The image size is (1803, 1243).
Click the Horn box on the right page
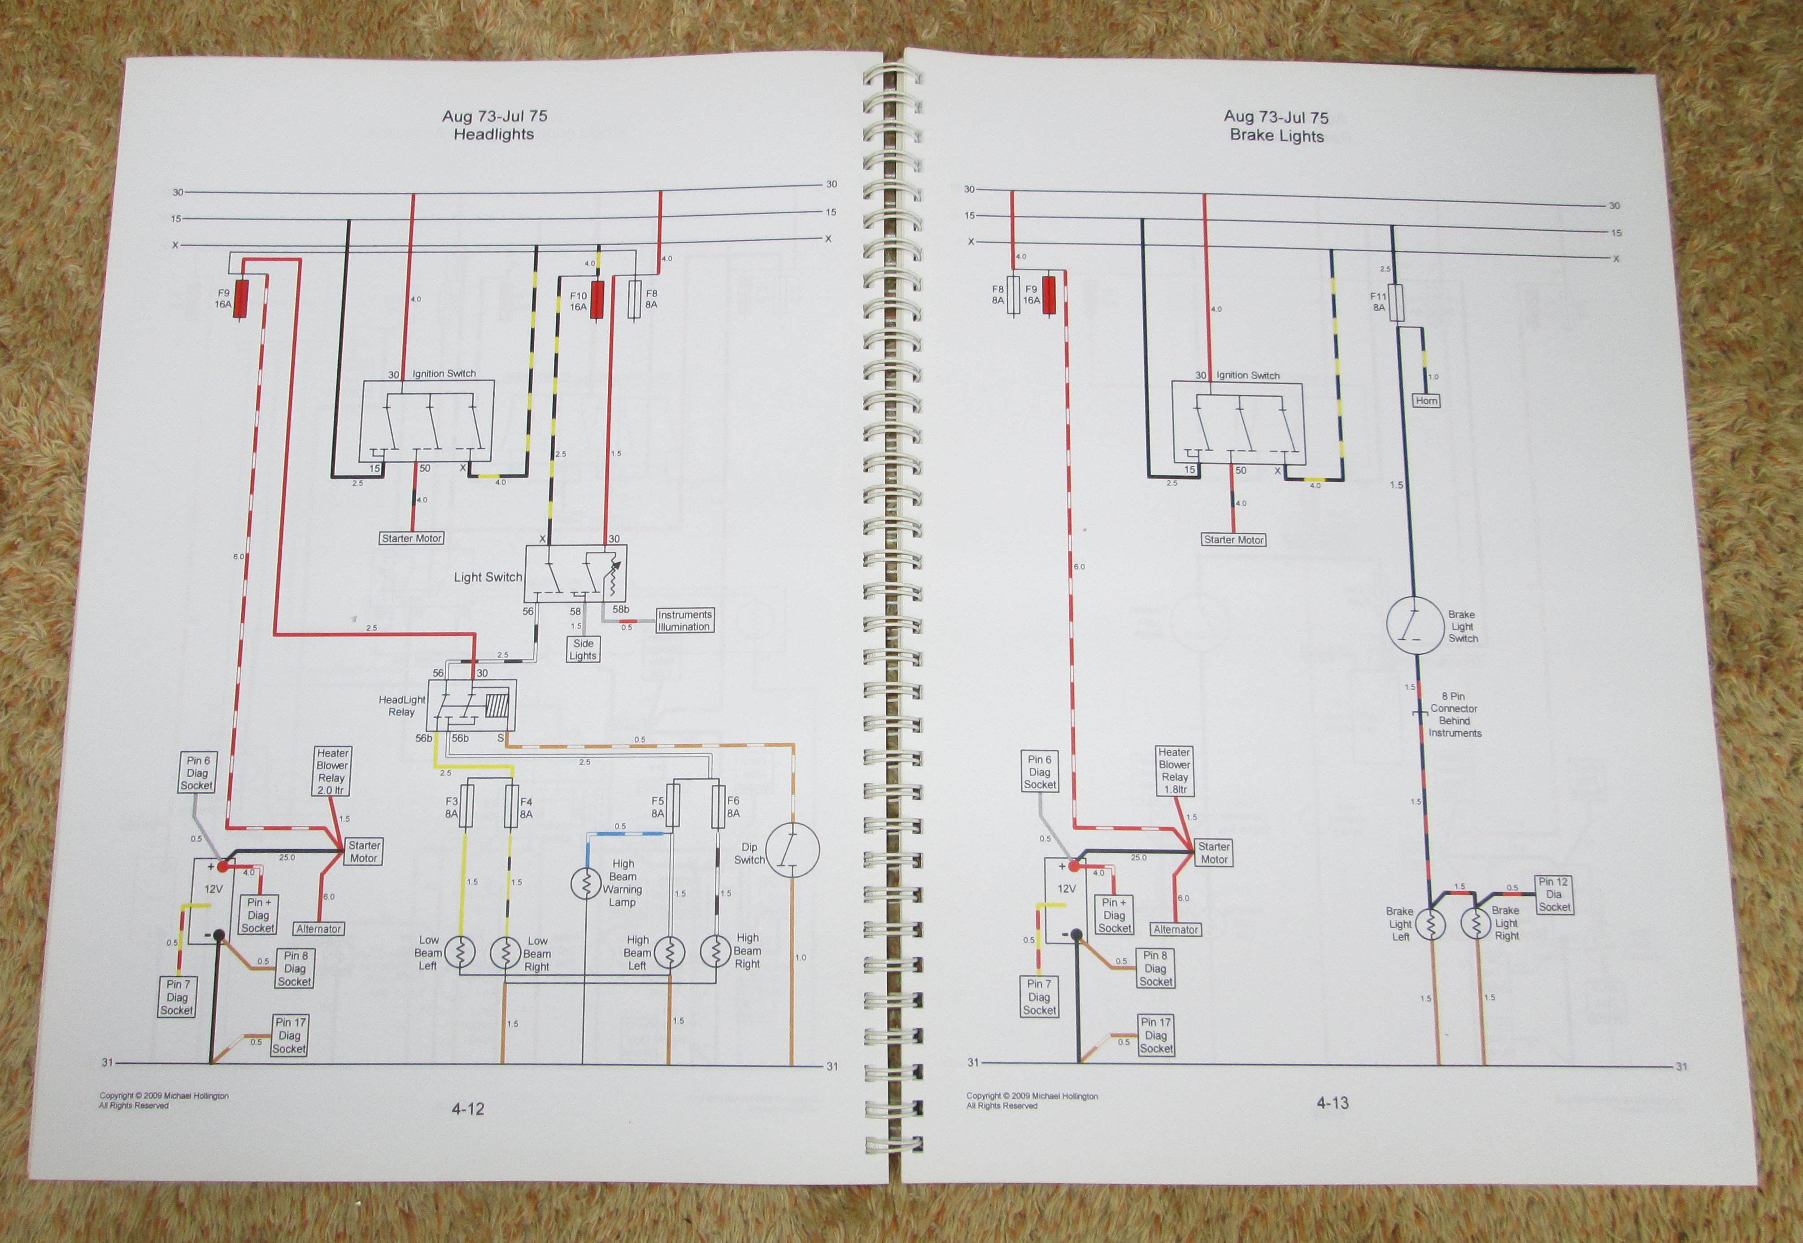pyautogui.click(x=1426, y=401)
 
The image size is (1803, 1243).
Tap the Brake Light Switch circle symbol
pyautogui.click(x=1415, y=626)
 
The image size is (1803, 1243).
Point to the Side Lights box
pyautogui.click(x=583, y=650)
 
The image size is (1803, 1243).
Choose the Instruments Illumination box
pyautogui.click(x=684, y=621)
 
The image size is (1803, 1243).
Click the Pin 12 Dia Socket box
pyautogui.click(x=1554, y=894)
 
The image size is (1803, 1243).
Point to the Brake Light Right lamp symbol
pyautogui.click(x=1475, y=925)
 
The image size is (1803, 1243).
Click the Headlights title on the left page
pyautogui.click(x=494, y=134)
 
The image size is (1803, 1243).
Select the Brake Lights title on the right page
pyautogui.click(x=1276, y=135)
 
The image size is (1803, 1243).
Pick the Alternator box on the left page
pyautogui.click(x=318, y=928)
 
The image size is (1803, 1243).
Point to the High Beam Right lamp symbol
pyautogui.click(x=715, y=951)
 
